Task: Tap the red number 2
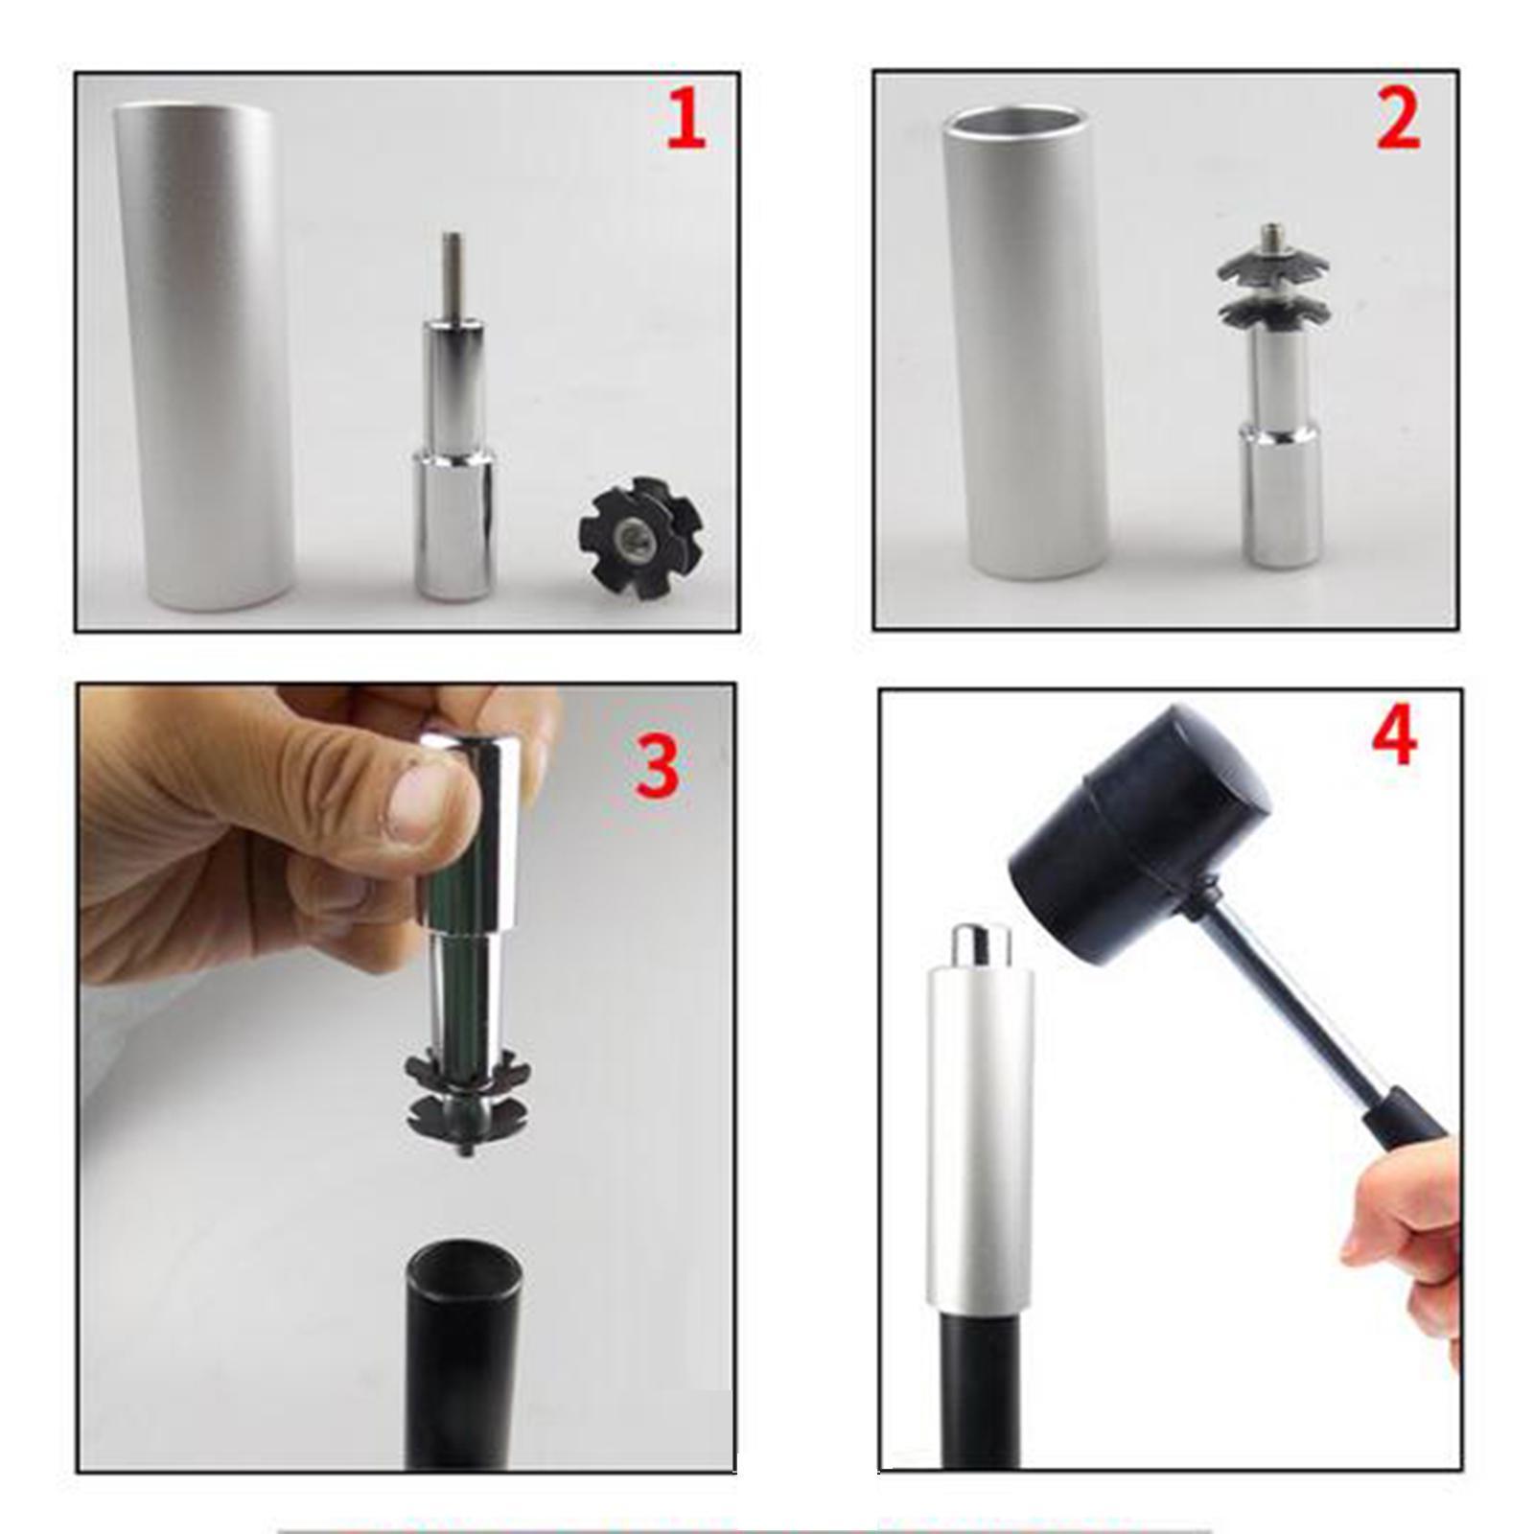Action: click(x=1398, y=121)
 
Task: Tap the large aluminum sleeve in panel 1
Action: click(x=203, y=358)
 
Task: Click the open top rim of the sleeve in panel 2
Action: click(x=1017, y=122)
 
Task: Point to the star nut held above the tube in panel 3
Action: click(x=468, y=1101)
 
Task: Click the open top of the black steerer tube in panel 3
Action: click(x=464, y=1267)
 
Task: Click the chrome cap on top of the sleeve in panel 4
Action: click(x=980, y=945)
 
